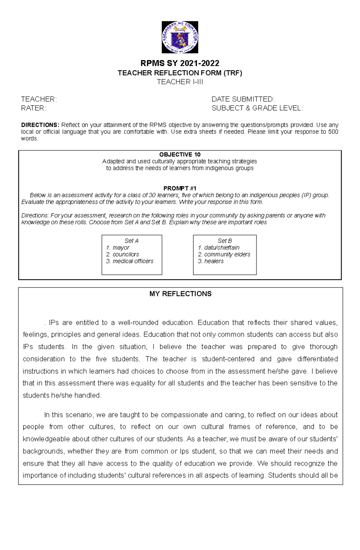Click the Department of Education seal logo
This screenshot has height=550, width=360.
[180, 37]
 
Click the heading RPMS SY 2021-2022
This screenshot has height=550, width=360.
[180, 63]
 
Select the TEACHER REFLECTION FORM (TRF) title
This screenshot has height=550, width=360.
[180, 73]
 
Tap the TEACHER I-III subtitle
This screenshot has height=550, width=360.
[180, 82]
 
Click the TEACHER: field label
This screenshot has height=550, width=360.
[39, 99]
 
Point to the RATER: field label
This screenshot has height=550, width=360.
[34, 108]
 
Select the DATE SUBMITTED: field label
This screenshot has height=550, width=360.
[243, 99]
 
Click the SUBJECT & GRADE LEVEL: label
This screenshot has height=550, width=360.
[257, 108]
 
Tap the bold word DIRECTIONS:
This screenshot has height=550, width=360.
[40, 125]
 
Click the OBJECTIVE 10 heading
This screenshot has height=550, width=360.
[180, 155]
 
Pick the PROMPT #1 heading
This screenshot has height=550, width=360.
[180, 189]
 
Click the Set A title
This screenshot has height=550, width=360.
[131, 241]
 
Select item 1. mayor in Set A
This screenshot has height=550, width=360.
[118, 248]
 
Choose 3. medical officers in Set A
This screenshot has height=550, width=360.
[130, 261]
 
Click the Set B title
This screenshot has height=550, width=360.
[225, 241]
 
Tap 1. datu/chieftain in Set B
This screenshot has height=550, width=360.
[219, 248]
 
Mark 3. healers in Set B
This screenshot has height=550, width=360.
[211, 261]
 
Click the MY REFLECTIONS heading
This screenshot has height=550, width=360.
[180, 294]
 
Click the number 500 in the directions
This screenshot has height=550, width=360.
[333, 132]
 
